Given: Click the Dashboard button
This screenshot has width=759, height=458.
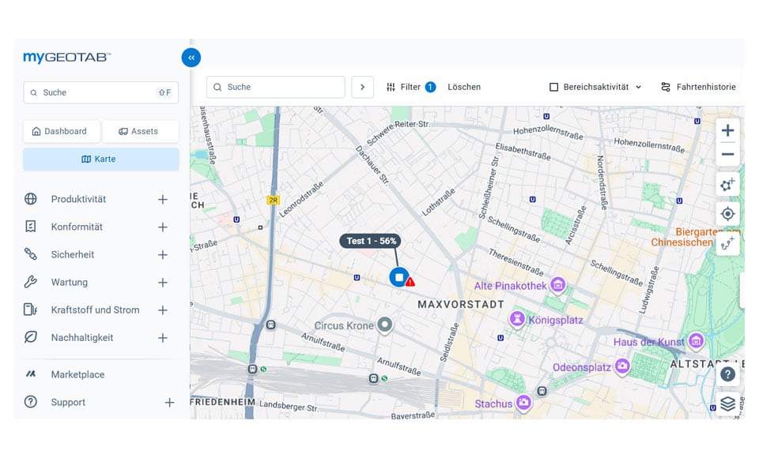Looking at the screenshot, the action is [x=60, y=131].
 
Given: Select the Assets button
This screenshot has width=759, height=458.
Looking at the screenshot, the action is [x=139, y=131].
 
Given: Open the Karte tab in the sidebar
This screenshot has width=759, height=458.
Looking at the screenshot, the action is [x=100, y=159].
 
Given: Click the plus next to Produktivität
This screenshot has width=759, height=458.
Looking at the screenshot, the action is [x=163, y=200].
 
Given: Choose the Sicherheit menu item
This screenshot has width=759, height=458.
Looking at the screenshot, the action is [x=73, y=254].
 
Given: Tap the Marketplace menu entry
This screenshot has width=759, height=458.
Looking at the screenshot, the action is [x=77, y=374].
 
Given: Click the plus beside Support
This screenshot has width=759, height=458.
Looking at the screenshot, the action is [x=169, y=403].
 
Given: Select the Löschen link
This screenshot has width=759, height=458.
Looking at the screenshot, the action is [x=464, y=87].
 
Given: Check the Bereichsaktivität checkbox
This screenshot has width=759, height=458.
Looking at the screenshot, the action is [x=554, y=87].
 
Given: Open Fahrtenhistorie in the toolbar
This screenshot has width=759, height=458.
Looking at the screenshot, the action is [x=699, y=87].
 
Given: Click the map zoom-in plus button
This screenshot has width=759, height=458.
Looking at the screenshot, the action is [x=727, y=131].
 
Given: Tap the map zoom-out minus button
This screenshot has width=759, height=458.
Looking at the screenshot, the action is [x=727, y=155].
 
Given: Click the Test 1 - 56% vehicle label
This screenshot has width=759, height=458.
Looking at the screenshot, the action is [x=372, y=241].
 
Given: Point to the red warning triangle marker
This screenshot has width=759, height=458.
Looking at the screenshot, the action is [x=410, y=281].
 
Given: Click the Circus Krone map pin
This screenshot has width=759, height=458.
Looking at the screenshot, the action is [x=385, y=325].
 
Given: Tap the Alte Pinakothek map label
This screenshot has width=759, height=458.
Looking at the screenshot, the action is [x=510, y=286].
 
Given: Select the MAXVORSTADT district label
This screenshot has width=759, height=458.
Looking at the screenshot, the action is [x=460, y=304].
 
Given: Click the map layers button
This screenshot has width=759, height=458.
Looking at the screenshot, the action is [x=727, y=404].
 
